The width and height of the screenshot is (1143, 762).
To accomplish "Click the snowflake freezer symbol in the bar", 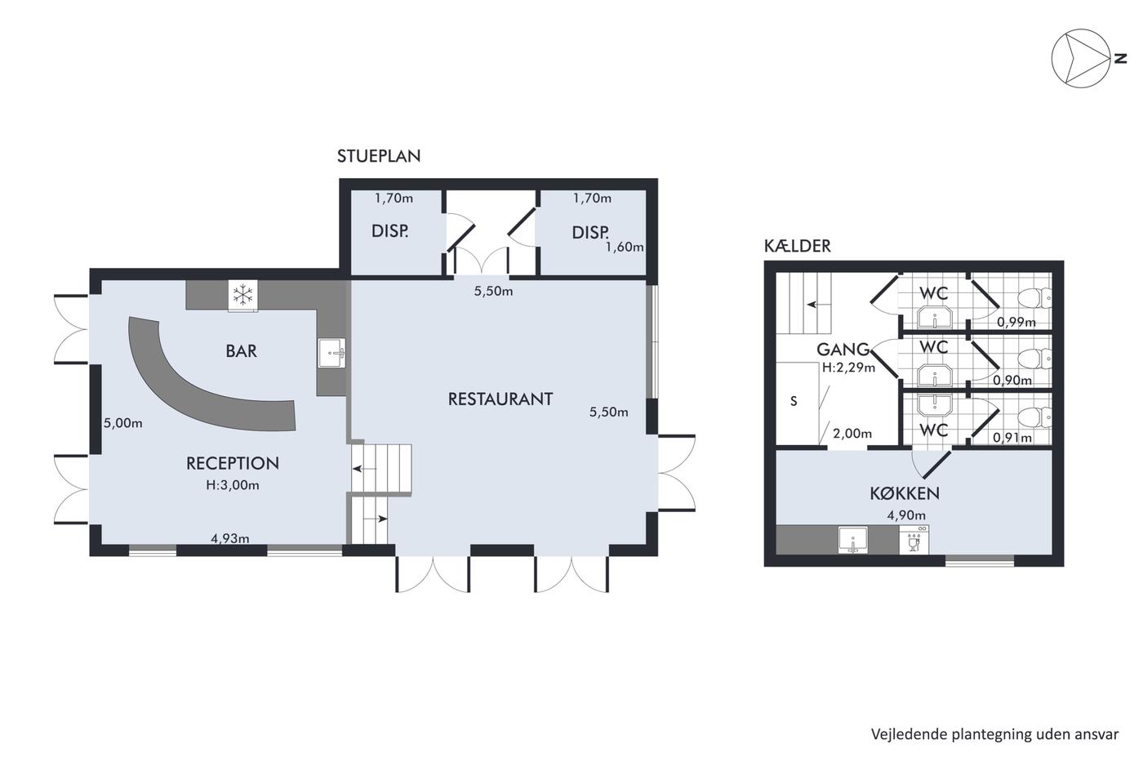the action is pos(243,295).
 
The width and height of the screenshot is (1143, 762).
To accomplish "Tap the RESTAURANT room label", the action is pos(500,399).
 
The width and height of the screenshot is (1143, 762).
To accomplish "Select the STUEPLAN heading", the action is pos(379,156).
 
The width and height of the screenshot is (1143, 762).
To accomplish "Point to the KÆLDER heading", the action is pos(797,246).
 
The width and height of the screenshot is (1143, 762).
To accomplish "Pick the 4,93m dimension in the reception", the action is pos(230,538).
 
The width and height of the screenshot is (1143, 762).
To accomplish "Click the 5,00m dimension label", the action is pos(123,423).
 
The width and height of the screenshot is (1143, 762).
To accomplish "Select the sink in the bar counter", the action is pos(331,352).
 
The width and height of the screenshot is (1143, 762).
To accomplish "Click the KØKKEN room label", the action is pos(905,493).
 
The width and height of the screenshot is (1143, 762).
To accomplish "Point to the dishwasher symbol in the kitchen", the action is pos(914,540).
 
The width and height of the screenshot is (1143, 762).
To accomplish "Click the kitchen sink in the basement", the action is pos(852,541).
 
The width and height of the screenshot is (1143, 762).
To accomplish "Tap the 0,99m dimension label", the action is pos(1016,322).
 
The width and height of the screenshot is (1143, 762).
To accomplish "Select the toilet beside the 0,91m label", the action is pos(1034,417).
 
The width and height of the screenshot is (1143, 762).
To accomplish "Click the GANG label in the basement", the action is pos(843,350).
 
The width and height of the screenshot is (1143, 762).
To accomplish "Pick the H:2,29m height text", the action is pos(848,367).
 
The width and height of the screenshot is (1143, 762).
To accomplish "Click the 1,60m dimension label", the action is pos(625,247).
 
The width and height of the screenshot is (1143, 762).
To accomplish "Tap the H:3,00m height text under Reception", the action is pos(233,485).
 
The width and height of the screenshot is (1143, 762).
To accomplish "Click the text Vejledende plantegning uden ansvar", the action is pos(994,734).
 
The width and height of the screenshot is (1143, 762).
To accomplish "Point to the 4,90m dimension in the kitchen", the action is pos(906,515).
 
